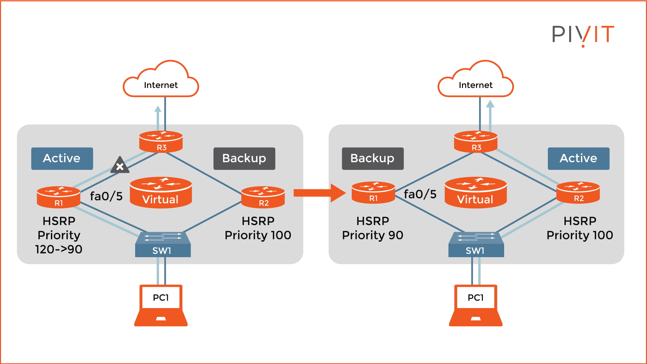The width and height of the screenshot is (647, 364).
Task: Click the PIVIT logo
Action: pos(583,35)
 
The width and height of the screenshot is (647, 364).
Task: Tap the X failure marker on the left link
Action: pos(120,166)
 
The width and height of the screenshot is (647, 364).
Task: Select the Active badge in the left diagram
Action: pos(62,158)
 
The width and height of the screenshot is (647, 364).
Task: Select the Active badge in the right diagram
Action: pos(578,158)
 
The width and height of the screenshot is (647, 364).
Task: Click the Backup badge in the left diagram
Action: pos(244,158)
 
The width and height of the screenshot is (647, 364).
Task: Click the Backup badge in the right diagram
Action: pos(372,158)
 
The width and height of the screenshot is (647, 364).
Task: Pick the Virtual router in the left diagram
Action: pos(161,192)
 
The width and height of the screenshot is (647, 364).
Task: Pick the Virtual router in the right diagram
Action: pos(475,192)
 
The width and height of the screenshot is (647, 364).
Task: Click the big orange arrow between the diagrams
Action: pos(319,193)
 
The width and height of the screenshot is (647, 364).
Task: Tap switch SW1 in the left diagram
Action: pos(163,245)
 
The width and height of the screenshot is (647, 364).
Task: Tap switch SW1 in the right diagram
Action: pos(476,245)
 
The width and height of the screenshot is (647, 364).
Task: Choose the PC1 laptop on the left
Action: pos(161,305)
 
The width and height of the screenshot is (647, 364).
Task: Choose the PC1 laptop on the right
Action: pos(475,305)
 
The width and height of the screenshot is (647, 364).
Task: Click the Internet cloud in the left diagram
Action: pos(161,81)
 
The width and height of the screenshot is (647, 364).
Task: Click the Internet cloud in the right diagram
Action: pos(475,81)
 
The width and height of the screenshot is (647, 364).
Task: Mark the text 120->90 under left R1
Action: pos(59,249)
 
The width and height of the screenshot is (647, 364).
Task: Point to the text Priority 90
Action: pos(372,235)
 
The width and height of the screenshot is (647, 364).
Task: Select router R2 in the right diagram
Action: pos(578,193)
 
